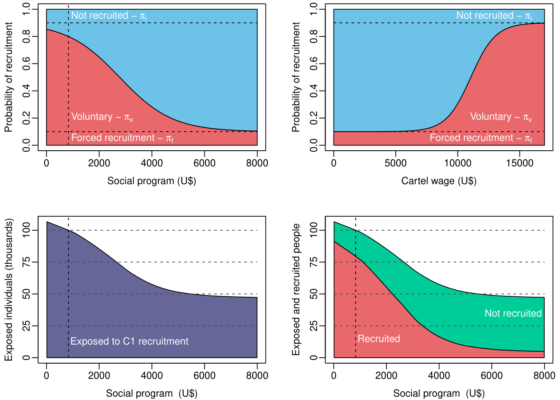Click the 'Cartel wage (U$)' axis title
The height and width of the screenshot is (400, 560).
coord(439,181)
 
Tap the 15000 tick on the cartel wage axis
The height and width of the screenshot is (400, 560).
coord(519,163)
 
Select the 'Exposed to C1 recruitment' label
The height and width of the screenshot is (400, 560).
coord(129,341)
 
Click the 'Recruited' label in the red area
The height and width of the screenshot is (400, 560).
coord(378,339)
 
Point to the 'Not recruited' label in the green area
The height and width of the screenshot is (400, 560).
coord(513,313)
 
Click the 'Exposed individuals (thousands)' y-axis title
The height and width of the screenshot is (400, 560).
coord(9,290)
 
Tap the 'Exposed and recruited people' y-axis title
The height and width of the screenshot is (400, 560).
coord(296,290)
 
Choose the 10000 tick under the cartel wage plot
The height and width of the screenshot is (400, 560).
coord(457,163)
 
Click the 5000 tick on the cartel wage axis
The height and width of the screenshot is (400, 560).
coord(395,163)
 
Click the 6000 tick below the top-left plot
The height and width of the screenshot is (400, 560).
coord(204,163)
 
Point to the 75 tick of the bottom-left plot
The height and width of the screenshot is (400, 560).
coord(26,262)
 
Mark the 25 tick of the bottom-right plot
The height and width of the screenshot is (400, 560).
coord(314,326)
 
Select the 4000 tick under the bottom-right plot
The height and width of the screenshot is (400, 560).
coord(439,376)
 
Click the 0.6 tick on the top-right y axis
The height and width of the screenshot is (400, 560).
coord(314,63)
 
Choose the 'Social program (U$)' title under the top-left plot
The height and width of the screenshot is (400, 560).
coord(152,181)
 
